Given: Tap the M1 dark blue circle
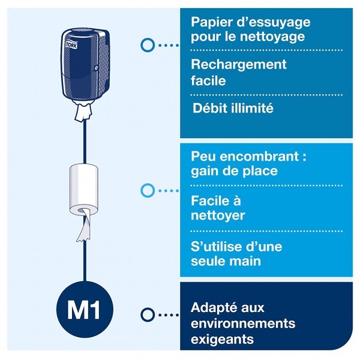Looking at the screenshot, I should click(x=84, y=309).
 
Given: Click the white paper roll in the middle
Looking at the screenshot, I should click(x=84, y=188).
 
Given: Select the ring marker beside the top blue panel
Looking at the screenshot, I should click(x=147, y=45).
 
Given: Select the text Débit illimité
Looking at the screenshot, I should click(x=233, y=107).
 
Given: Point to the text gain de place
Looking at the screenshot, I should click(x=234, y=170).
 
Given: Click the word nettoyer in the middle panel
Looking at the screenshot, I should click(x=218, y=215).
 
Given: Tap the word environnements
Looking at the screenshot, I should click(x=243, y=323).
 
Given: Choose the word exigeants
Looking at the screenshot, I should click(x=222, y=339).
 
